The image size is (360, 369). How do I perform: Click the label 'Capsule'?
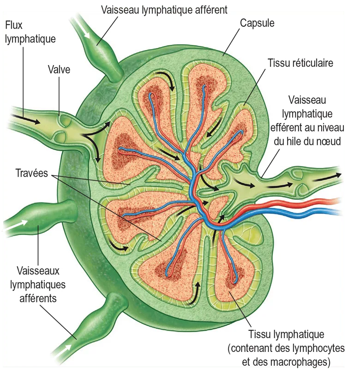pos(257,23)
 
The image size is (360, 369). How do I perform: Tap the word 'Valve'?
pos(59,70)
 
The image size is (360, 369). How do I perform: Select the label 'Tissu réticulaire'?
pos(300,63)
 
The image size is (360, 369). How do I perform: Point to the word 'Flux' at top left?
pos(14,25)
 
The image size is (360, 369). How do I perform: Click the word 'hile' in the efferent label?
pos(300,142)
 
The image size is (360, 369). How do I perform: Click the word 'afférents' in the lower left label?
pos(38,298)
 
